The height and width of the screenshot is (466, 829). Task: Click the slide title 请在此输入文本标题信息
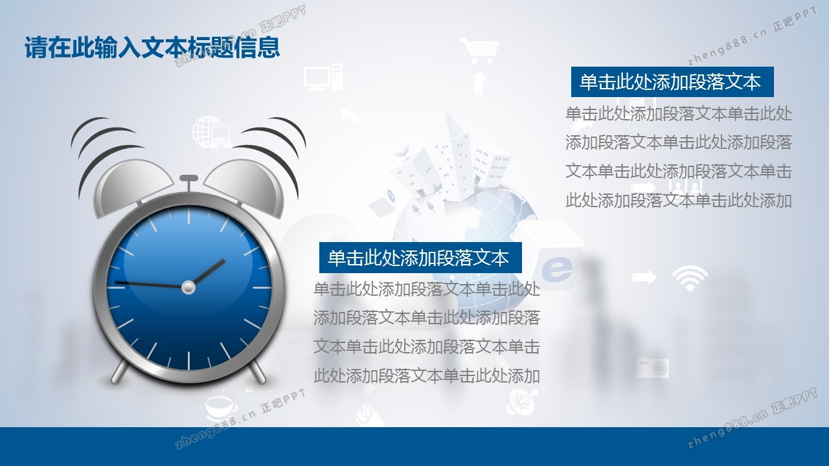(152, 48)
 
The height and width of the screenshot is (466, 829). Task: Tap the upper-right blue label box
(672, 82)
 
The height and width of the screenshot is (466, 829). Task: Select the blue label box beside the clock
(420, 258)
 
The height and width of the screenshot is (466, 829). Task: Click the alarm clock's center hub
(188, 287)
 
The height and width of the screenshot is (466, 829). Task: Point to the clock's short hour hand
(208, 272)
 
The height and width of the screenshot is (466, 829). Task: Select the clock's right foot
(258, 371)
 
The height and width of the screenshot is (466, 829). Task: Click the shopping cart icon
(480, 50)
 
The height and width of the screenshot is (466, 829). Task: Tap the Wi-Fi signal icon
(690, 278)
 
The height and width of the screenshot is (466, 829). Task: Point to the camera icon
(652, 368)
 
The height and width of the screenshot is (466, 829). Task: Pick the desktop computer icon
(323, 77)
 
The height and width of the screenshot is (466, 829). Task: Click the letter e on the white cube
(556, 269)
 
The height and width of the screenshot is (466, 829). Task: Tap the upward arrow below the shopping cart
(480, 83)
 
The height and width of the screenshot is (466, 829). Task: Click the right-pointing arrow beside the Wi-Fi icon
(644, 277)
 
